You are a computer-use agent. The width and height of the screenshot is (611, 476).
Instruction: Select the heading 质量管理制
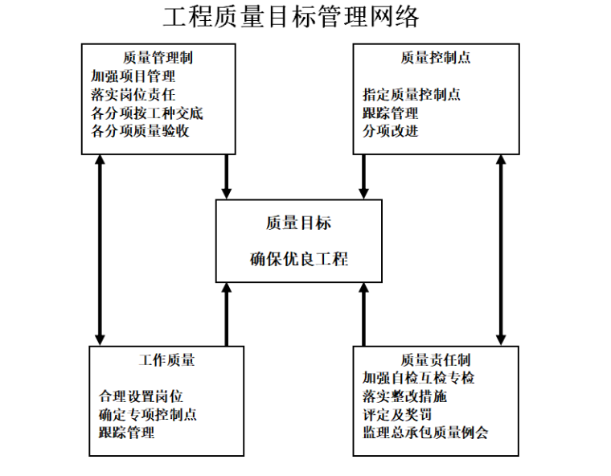(x=158, y=58)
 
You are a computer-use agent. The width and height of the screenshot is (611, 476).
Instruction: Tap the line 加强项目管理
(x=133, y=77)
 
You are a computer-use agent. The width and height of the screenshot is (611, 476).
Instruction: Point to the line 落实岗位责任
(x=133, y=95)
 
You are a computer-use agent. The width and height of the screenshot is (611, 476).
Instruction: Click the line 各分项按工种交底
(x=147, y=113)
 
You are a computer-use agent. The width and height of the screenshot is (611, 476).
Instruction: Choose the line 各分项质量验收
(x=141, y=130)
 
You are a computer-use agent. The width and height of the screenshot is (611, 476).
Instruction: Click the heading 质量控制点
(x=435, y=58)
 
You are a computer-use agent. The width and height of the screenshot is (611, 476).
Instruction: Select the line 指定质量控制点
(x=412, y=95)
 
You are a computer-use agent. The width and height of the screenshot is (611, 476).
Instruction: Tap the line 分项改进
(x=391, y=130)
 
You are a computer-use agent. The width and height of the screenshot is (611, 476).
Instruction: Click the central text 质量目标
(x=298, y=223)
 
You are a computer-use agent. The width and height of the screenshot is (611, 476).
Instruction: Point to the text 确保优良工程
(x=298, y=259)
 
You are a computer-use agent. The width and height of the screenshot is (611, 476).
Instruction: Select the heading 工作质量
(x=166, y=360)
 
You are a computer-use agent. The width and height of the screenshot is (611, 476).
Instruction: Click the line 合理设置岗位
(x=141, y=396)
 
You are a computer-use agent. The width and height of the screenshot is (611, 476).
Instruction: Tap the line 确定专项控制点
(x=147, y=415)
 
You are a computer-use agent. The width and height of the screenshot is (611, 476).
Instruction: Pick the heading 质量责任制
(x=435, y=360)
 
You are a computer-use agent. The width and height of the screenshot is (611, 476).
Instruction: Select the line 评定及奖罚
(x=398, y=415)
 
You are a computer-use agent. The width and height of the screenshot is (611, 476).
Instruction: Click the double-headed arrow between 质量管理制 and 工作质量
(x=100, y=249)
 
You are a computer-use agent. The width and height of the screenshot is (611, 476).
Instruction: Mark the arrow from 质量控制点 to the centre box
(x=364, y=175)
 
